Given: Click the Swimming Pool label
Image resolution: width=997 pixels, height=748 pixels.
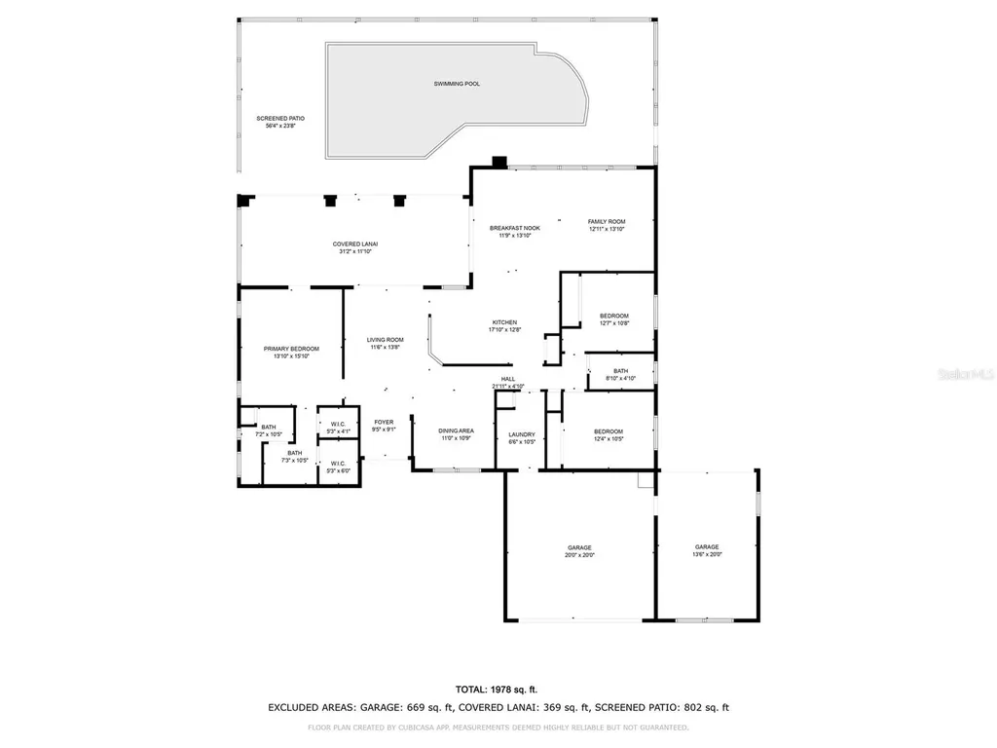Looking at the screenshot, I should (x=457, y=84).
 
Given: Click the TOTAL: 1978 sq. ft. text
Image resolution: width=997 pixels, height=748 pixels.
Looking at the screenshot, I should (x=498, y=689).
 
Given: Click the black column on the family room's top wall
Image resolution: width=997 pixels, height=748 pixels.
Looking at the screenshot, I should (x=499, y=163).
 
